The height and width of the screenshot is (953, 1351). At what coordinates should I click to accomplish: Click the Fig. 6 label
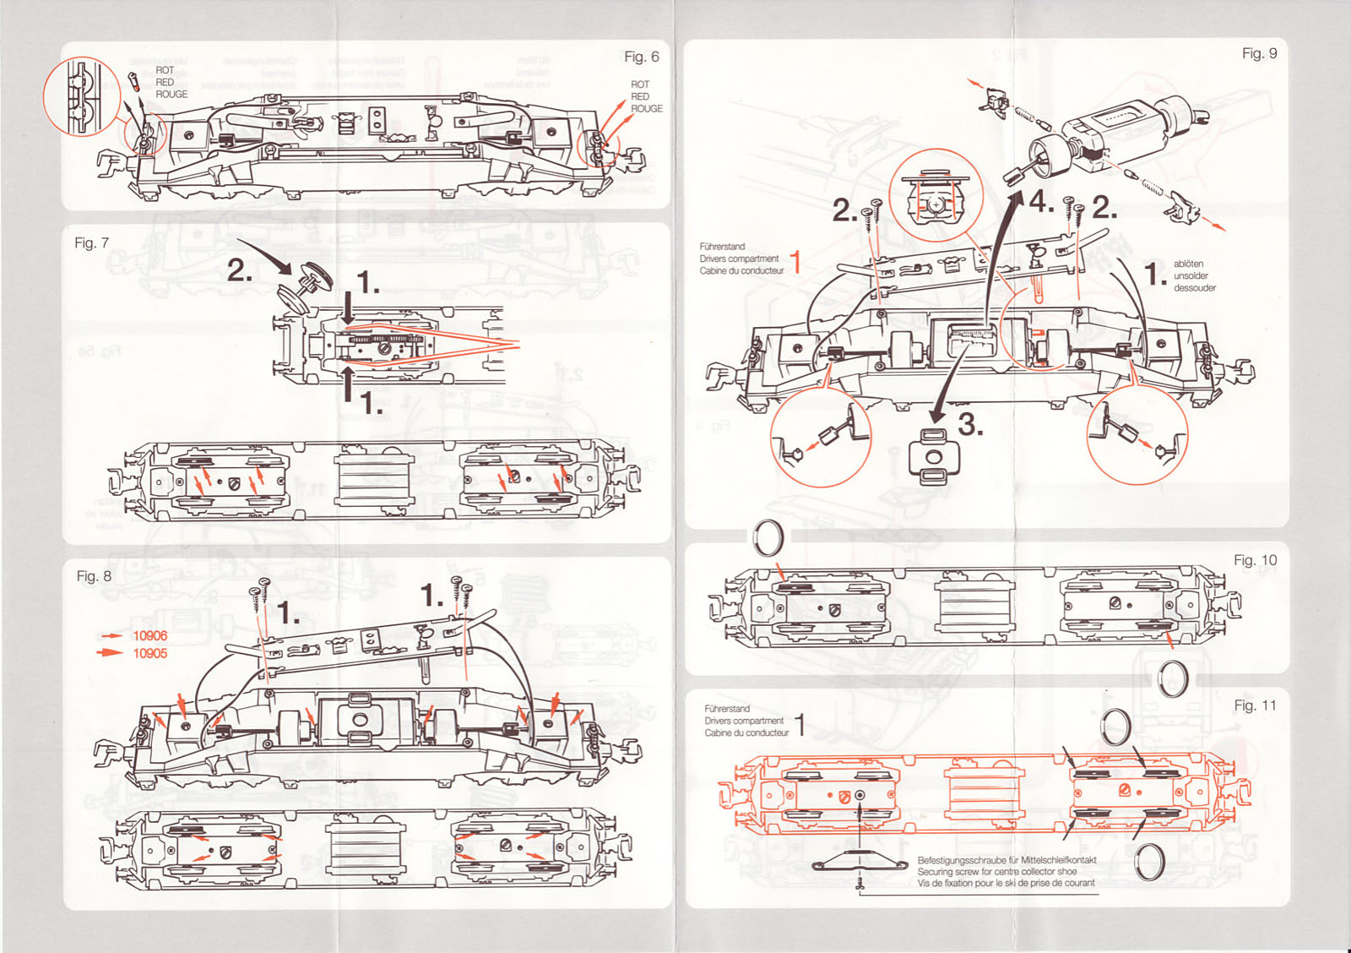[641, 57]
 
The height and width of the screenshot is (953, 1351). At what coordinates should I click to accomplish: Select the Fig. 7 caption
[91, 242]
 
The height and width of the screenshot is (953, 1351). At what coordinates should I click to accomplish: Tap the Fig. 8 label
[94, 575]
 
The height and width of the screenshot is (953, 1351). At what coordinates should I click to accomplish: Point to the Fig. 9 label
[1259, 53]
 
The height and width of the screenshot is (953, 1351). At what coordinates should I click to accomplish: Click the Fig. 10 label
[1255, 560]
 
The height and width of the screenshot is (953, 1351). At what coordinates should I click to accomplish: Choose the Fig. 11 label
[1255, 705]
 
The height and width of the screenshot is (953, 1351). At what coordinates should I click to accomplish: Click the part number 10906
[149, 635]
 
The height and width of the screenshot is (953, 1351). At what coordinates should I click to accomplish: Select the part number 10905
[149, 653]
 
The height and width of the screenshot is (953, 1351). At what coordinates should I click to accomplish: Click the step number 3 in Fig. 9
[970, 425]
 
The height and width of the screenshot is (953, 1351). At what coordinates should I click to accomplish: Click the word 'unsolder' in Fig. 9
[1191, 275]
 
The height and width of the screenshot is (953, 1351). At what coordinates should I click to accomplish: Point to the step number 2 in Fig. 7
[240, 271]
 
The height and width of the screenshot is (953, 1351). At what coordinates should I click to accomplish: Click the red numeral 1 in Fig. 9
[795, 261]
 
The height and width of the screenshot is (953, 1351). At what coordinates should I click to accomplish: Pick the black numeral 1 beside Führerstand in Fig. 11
[800, 724]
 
